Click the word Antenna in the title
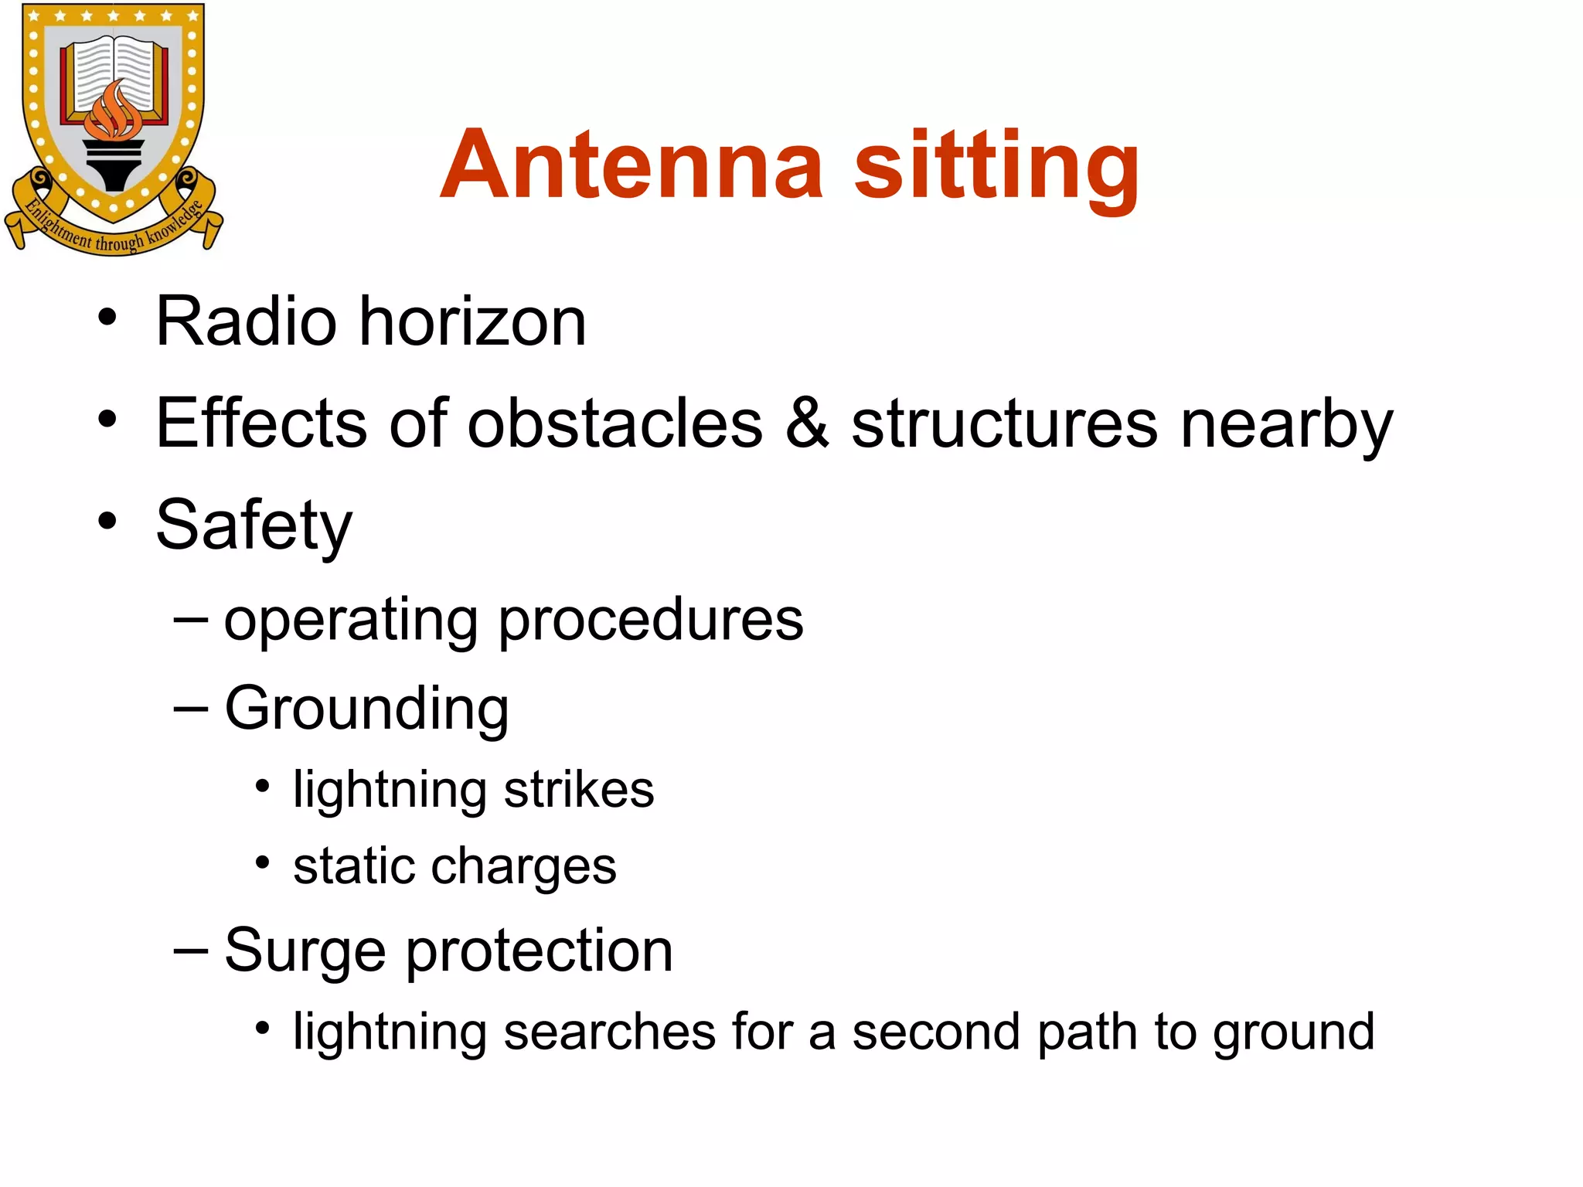(631, 165)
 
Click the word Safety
(254, 526)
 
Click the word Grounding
(366, 709)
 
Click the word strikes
(579, 790)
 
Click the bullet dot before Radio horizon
(107, 317)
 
